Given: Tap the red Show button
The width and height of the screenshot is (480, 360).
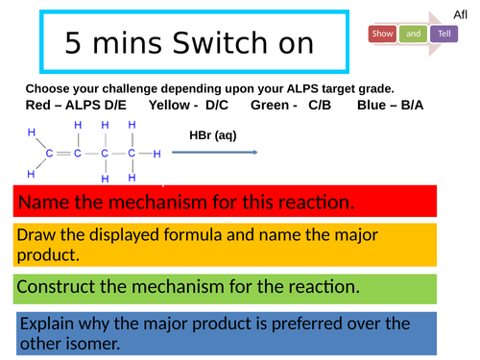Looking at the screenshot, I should tap(382, 34).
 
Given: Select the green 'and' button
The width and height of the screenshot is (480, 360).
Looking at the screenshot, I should tap(414, 34).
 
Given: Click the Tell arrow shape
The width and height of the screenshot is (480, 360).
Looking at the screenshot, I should tap(444, 35).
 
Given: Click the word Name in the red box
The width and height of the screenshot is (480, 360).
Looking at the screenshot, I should tap(42, 203).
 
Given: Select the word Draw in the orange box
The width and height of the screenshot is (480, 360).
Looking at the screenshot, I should tap(39, 235).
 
